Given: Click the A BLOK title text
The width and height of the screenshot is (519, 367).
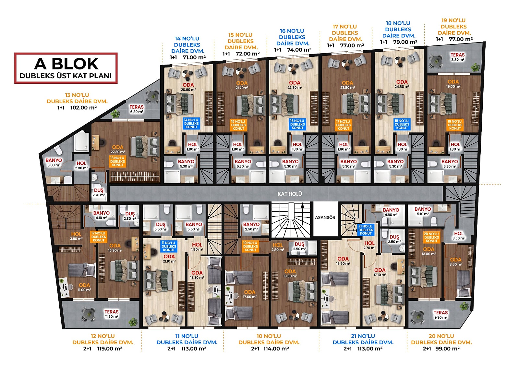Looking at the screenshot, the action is tap(66, 64).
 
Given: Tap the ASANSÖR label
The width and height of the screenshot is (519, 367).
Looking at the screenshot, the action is tap(325, 217).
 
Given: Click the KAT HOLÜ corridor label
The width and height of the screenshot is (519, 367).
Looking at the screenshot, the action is tap(290, 194).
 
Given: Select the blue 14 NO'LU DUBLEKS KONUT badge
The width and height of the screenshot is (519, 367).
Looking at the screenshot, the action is tap(191, 123).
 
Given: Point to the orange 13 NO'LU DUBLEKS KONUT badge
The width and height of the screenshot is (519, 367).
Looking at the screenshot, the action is tap(117, 161).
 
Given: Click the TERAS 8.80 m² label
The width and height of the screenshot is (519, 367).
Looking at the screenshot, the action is tap(457, 57).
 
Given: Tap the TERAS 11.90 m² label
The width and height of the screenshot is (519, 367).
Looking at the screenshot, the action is tap(112, 314).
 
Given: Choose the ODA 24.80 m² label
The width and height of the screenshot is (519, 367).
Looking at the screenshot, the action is tap(402, 84).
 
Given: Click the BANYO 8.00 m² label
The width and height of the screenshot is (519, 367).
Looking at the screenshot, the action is tap(54, 163).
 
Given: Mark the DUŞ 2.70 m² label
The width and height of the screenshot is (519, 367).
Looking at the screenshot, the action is tap(99, 192).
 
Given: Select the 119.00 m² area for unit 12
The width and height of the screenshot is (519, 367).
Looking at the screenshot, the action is tap(110, 349).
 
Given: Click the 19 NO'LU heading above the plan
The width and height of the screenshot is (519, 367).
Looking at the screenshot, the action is tap(453, 20).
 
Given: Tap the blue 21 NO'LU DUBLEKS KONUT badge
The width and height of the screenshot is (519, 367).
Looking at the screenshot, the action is tap(366, 230).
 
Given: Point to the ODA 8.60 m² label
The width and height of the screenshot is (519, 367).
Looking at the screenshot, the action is tap(455, 262).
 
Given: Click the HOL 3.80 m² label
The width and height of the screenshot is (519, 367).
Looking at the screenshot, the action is tap(76, 236).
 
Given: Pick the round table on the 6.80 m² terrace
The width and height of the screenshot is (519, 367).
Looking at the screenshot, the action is tap(153, 96).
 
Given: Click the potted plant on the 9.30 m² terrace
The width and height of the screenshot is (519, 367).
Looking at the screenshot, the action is tap(464, 307).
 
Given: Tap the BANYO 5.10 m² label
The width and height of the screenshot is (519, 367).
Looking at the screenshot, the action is tap(423, 212).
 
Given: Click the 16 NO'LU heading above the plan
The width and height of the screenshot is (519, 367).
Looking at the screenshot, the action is tap(292, 31).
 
